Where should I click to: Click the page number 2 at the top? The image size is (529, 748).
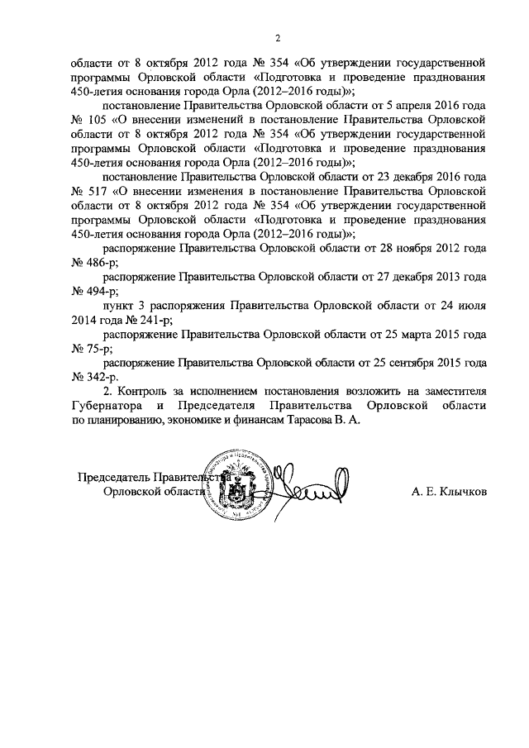[279, 38]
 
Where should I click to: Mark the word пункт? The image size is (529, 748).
[118, 305]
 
